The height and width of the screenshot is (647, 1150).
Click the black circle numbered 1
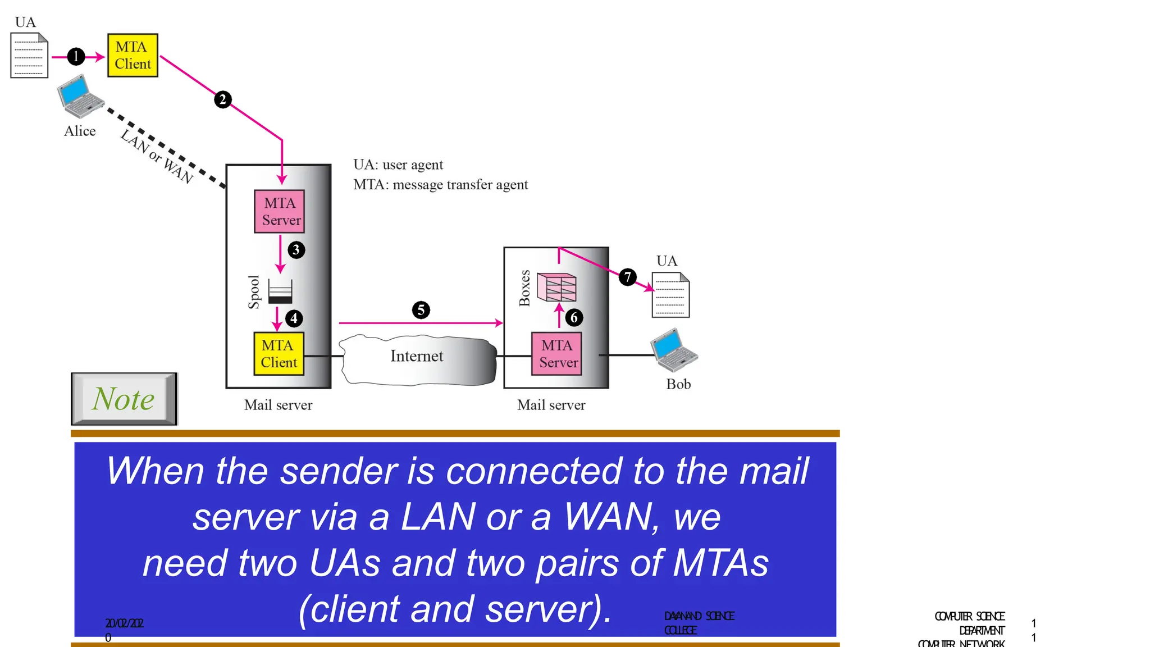click(x=76, y=56)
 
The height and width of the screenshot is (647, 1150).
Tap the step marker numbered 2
click(x=223, y=99)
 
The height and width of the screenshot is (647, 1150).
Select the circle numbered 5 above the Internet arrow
click(x=421, y=309)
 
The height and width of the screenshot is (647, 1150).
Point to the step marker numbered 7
click(x=628, y=276)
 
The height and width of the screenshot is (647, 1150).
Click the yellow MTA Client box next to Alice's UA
click(x=133, y=55)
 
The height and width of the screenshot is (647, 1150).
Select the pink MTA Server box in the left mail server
click(x=280, y=211)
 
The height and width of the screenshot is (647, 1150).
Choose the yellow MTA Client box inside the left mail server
click(x=279, y=353)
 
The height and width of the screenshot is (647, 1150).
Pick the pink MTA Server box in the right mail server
click(x=556, y=353)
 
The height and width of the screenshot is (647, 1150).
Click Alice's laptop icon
click(x=80, y=96)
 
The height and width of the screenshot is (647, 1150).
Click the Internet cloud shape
click(x=418, y=359)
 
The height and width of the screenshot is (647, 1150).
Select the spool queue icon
click(x=280, y=291)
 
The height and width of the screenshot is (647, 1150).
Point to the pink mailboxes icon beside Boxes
click(x=556, y=286)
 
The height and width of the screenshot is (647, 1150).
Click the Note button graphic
click(x=124, y=399)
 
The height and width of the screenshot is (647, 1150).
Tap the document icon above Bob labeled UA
click(x=670, y=295)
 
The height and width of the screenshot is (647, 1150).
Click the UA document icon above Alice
click(x=29, y=55)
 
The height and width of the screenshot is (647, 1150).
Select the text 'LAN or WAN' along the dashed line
click(x=157, y=156)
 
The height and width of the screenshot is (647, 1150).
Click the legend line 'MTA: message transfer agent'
click(x=440, y=185)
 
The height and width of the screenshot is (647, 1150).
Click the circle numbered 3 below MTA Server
click(x=296, y=249)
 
